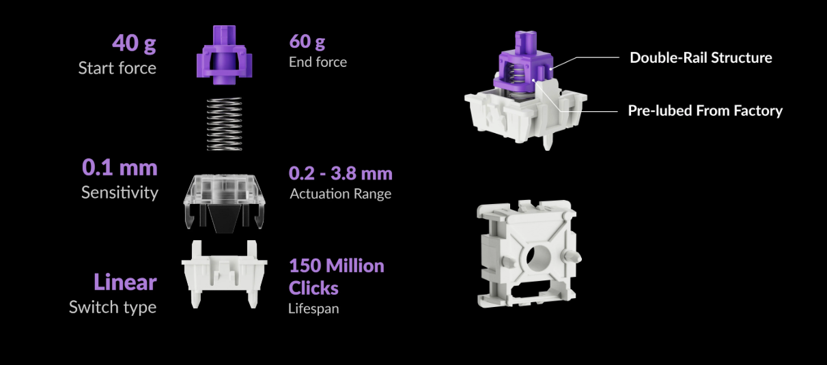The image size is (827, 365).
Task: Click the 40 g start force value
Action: (134, 44)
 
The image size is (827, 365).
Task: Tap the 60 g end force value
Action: (307, 42)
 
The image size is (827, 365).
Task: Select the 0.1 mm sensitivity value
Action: (120, 167)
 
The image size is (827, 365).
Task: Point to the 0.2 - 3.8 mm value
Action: (340, 173)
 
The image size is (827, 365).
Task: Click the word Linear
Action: (125, 282)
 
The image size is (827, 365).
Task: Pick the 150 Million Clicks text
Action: (337, 276)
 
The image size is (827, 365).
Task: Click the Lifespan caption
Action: (313, 308)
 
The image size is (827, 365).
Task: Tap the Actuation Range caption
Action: (340, 194)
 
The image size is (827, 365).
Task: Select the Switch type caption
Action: (113, 307)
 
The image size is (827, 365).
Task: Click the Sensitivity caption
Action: (120, 192)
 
